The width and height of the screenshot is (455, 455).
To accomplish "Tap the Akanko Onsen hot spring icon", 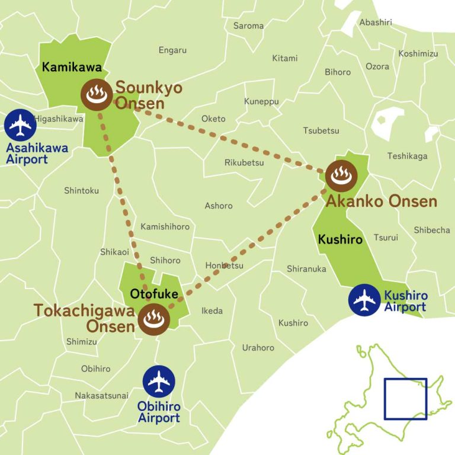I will click(340, 175).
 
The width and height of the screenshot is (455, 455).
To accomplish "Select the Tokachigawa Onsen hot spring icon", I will click(154, 319).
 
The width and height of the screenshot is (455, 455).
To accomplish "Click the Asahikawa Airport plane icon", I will click(21, 124).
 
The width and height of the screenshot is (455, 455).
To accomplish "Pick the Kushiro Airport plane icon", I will click(364, 300).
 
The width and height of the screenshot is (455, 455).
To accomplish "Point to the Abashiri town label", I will click(376, 22).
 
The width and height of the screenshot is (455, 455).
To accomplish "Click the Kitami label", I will click(284, 58).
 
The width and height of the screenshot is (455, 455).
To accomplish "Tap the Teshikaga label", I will click(407, 156).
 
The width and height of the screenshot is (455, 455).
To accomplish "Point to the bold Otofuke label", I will click(150, 293).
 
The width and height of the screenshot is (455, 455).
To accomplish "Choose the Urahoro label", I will click(258, 348).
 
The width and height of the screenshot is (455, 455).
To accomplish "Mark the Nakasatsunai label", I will click(101, 395).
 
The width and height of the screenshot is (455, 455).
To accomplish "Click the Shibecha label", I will click(431, 230).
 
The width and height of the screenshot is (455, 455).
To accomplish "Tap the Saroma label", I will click(248, 25).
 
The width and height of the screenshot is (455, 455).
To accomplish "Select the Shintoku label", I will click(81, 190).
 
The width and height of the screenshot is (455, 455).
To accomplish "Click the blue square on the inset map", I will click(405, 399).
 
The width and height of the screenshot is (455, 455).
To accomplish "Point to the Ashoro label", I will click(219, 206).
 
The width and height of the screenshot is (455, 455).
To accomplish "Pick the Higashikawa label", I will click(59, 118).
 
